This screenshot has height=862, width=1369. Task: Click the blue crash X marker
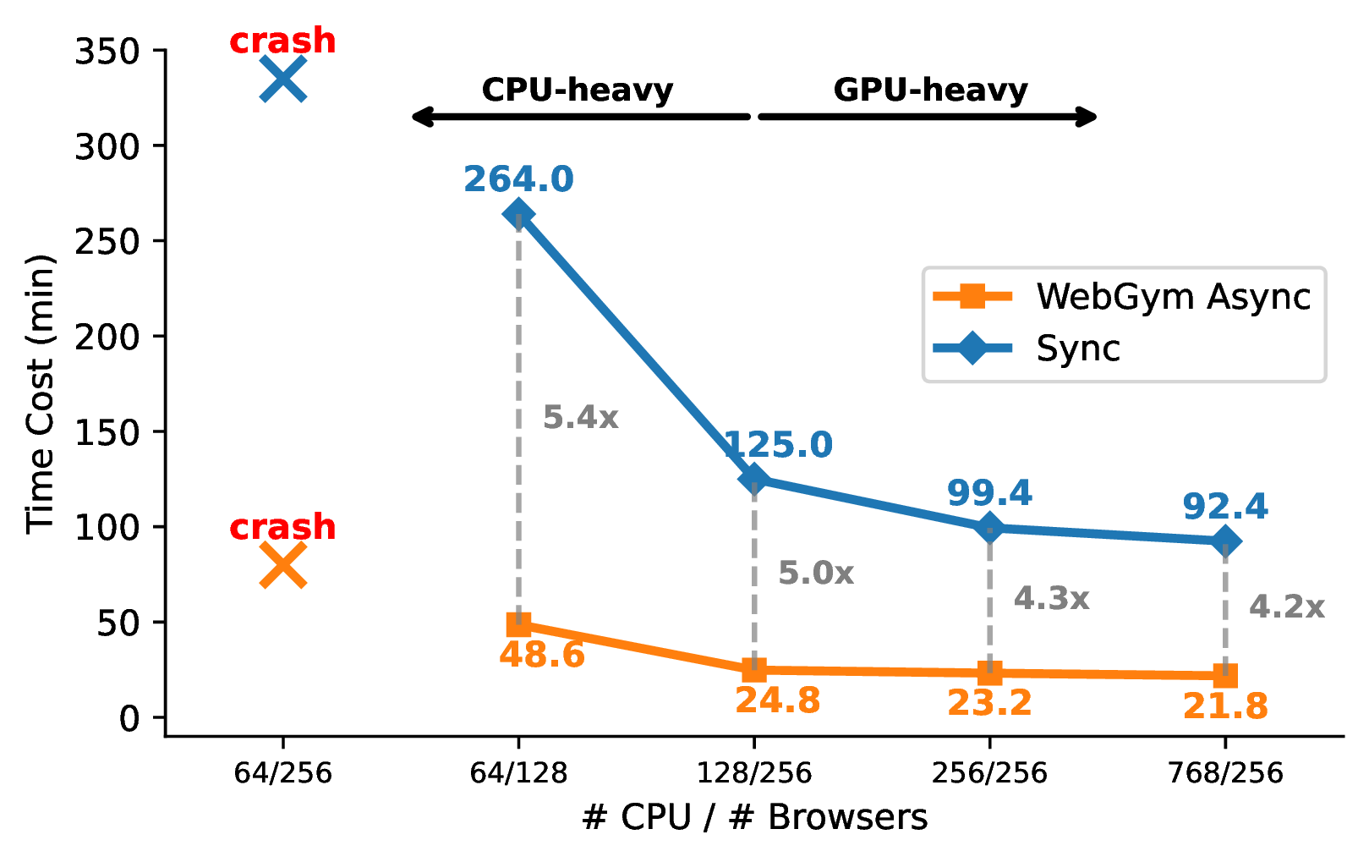click(282, 80)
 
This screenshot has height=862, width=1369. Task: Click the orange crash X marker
click(282, 565)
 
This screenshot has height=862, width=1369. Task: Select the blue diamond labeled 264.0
click(518, 215)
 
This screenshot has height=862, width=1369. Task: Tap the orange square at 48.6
click(518, 625)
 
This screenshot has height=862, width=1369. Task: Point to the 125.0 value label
click(778, 445)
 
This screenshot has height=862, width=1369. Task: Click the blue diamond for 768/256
click(1225, 541)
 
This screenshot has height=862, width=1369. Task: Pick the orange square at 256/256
click(989, 673)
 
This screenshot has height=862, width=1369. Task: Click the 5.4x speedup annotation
click(580, 417)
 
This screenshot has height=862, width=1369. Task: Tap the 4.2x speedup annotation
click(1286, 607)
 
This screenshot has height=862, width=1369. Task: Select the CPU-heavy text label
click(578, 90)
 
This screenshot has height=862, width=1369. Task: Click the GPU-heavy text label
click(930, 90)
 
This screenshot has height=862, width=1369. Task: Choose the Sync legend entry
click(1077, 349)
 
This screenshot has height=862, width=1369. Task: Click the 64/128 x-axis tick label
click(518, 772)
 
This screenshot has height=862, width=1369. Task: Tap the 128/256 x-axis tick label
click(754, 772)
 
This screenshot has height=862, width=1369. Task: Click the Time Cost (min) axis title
click(40, 393)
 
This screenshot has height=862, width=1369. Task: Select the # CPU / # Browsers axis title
click(754, 817)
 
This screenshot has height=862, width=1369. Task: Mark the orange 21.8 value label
click(1225, 706)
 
